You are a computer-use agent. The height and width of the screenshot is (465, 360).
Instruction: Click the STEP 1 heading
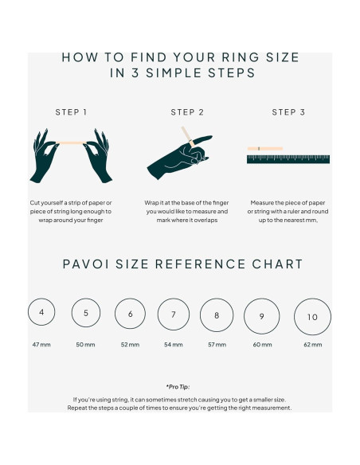click(71, 112)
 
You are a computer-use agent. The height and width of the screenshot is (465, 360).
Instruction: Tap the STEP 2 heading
click(187, 112)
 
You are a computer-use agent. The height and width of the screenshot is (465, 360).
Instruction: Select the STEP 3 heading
click(288, 112)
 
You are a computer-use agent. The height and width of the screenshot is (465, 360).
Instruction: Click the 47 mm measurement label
click(41, 345)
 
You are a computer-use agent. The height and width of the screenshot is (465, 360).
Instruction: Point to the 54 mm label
click(174, 345)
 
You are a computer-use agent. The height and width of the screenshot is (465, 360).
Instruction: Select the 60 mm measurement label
click(262, 345)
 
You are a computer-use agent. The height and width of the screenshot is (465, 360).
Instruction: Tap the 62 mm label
click(312, 345)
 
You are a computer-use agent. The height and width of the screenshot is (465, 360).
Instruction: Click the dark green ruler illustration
click(288, 159)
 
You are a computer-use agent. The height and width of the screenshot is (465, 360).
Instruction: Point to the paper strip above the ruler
click(265, 149)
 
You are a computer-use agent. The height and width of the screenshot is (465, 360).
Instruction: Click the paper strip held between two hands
click(71, 143)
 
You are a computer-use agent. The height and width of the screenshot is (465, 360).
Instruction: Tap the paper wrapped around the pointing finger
click(188, 136)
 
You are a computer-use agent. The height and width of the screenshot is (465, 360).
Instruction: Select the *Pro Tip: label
click(178, 387)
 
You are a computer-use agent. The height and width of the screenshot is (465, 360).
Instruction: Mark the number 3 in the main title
click(135, 72)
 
